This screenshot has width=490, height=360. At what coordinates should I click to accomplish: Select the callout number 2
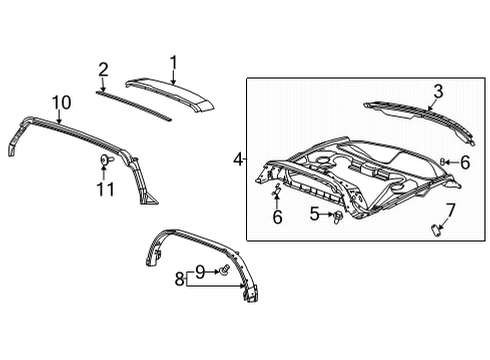[x=102, y=69]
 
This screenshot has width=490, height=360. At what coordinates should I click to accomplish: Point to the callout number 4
[x=238, y=159]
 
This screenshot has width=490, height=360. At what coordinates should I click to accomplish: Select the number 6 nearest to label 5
[x=277, y=217]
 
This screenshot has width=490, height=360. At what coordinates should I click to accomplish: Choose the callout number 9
[x=61, y=102]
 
